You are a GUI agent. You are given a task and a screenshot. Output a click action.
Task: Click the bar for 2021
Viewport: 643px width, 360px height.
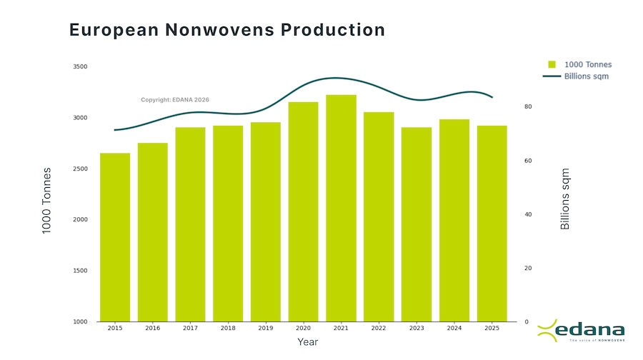(x=341, y=207)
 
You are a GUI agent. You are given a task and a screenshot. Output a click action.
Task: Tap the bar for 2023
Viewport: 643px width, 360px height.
(x=417, y=224)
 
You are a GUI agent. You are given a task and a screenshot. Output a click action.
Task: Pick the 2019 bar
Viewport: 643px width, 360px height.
(x=265, y=221)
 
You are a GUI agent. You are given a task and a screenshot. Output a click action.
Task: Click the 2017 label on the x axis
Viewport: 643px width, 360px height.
(x=190, y=328)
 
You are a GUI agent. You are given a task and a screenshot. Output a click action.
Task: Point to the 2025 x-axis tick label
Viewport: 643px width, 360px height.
(x=492, y=328)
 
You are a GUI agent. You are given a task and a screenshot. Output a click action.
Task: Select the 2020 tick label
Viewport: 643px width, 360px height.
(x=303, y=328)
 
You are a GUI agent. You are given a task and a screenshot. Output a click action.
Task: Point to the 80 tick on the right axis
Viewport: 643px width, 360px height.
(x=528, y=107)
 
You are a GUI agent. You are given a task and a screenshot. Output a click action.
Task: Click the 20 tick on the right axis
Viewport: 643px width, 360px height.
(x=528, y=269)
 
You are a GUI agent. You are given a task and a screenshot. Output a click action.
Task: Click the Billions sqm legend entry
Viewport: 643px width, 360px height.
(x=579, y=76)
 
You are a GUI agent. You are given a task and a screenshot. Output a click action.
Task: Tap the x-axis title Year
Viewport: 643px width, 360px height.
(x=307, y=343)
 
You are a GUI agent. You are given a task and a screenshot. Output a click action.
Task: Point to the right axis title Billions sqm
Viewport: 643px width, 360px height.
(x=565, y=199)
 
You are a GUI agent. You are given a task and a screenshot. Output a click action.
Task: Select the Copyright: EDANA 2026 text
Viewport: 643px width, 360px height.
(x=175, y=100)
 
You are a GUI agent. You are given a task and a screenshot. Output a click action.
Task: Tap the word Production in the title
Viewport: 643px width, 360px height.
(x=333, y=30)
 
